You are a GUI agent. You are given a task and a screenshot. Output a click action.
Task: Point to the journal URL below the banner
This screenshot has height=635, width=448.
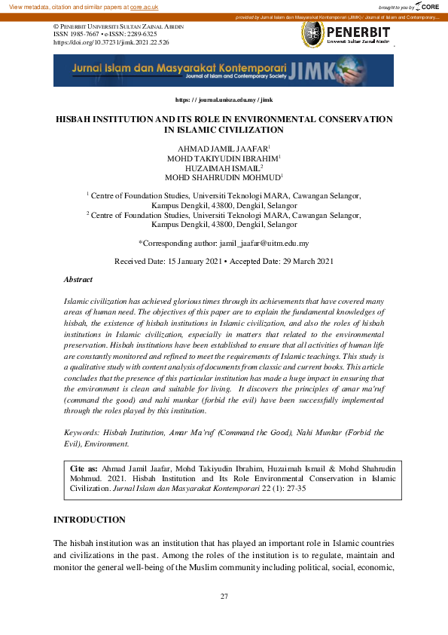(224, 100)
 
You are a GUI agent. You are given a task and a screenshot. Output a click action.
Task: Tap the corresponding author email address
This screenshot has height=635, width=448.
(264, 244)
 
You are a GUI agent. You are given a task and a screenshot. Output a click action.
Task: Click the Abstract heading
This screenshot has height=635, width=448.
(78, 279)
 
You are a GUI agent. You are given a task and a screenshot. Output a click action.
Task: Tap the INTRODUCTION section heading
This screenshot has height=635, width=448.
(89, 520)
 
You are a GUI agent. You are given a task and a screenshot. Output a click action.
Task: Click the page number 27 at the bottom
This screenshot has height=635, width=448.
(224, 597)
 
